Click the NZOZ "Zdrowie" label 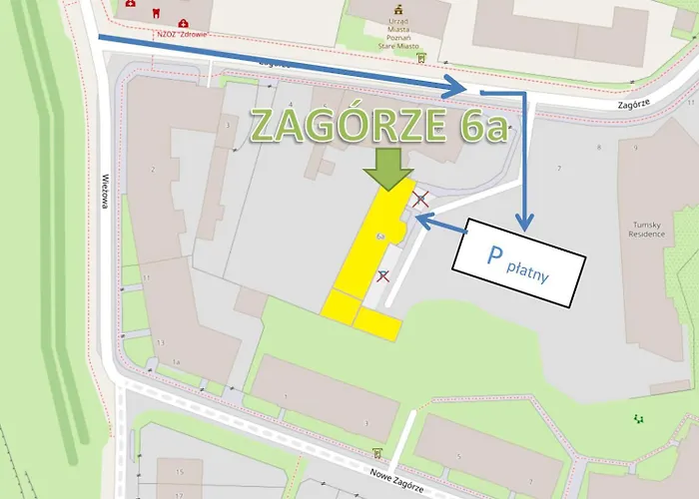[181, 35]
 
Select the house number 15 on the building [180, 470]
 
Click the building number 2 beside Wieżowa [153, 171]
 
